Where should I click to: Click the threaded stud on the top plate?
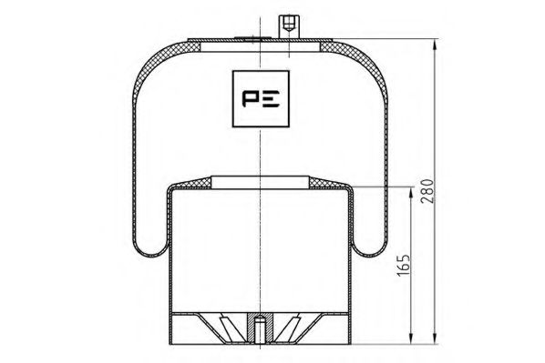tap(289, 25)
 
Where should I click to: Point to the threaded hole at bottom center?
tap(260, 325)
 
